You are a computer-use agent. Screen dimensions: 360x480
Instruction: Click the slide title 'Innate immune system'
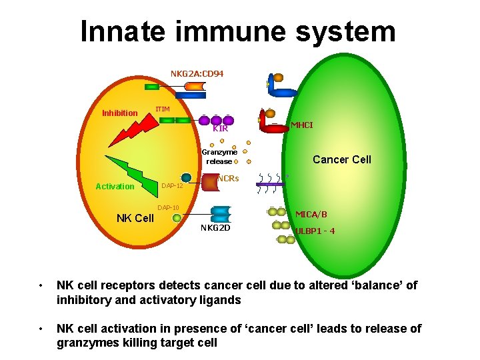(238, 31)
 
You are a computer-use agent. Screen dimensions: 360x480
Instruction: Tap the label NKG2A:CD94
(197, 73)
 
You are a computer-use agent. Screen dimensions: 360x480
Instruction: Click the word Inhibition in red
(120, 113)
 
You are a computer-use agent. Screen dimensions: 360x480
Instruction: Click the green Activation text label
(115, 187)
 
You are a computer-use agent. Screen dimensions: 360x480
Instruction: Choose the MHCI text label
(301, 125)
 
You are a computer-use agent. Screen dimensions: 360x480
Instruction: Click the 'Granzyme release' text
(219, 157)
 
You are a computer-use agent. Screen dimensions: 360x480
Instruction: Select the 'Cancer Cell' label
(342, 159)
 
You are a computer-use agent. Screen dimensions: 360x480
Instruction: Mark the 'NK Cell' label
(135, 219)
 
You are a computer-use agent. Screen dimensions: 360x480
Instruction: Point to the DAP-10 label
(169, 207)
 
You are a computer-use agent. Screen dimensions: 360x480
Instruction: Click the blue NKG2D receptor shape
(221, 214)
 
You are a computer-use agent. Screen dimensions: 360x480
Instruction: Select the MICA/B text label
(311, 215)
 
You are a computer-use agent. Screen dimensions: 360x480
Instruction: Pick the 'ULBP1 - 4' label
(315, 231)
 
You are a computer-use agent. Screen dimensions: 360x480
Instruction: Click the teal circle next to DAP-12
(187, 178)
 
